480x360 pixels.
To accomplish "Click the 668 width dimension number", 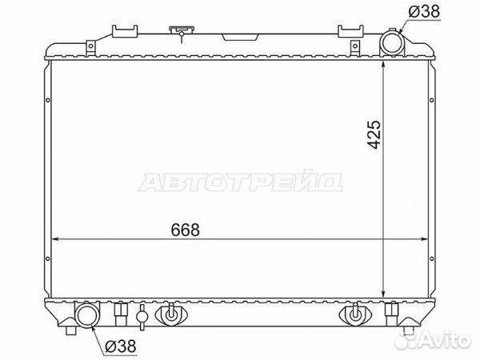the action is [x=186, y=230].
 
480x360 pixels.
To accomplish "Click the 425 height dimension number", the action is [x=374, y=134].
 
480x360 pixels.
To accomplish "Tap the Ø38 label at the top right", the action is [x=424, y=12].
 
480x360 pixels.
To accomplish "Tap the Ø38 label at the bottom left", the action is [x=120, y=346].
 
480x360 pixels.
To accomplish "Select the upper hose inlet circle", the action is [x=391, y=43].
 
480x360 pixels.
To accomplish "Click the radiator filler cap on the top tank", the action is [x=182, y=31].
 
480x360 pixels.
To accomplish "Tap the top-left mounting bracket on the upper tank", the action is [x=125, y=31].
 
